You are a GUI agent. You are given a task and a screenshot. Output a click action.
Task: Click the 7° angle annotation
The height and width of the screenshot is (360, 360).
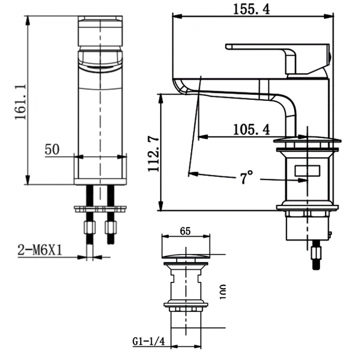[246, 178]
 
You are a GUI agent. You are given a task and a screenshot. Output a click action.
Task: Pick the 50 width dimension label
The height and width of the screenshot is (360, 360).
[53, 150]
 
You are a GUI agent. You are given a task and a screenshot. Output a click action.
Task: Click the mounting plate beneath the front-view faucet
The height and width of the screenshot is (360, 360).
[100, 209]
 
